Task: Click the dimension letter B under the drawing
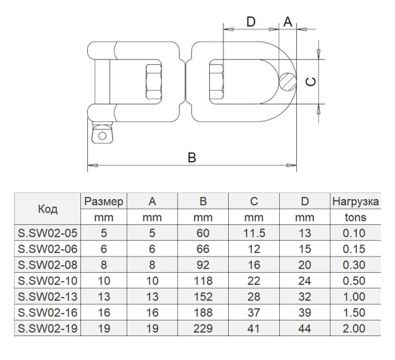coord(192,157)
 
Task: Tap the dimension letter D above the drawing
coord(251,22)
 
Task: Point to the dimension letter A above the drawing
coord(287,22)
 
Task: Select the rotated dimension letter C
coord(311,82)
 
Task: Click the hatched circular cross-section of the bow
coord(287,82)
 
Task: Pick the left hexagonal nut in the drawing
coord(154,82)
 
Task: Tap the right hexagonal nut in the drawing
coord(217,82)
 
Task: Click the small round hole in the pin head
coord(102,136)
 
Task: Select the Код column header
coord(48,209)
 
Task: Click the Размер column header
coord(104,202)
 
